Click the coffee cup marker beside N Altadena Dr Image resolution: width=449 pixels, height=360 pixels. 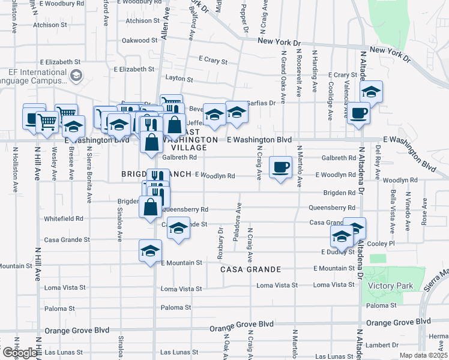tap(359, 112)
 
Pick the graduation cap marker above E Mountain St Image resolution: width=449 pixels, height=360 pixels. tap(150, 250)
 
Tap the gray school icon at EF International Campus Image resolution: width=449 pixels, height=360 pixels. tap(76, 76)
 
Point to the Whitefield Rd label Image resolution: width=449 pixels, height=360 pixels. tap(63, 219)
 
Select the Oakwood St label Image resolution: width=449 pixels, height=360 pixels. tap(139, 41)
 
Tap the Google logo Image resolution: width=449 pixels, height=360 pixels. tap(19, 353)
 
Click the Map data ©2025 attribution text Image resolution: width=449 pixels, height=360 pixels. tap(424, 355)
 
